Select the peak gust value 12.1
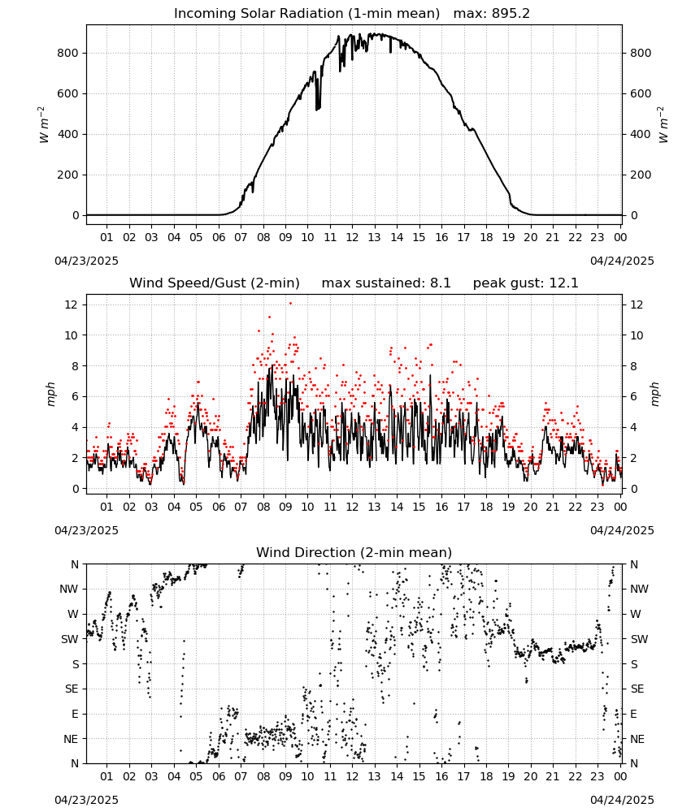[563, 283]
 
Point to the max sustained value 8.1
[440, 283]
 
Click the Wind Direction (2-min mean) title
[354, 552]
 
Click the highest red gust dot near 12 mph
[290, 304]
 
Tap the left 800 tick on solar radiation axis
[68, 53]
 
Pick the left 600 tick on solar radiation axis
[68, 93]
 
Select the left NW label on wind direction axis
[69, 590]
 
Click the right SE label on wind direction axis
[637, 689]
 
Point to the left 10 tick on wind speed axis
[72, 335]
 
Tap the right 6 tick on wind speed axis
[633, 397]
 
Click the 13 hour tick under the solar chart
[374, 237]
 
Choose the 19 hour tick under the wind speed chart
[508, 507]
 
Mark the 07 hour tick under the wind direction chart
[241, 776]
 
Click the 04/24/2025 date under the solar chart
[622, 261]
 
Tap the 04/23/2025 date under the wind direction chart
[86, 800]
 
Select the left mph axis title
[50, 394]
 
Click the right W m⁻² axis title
[663, 125]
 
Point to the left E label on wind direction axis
[75, 714]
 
